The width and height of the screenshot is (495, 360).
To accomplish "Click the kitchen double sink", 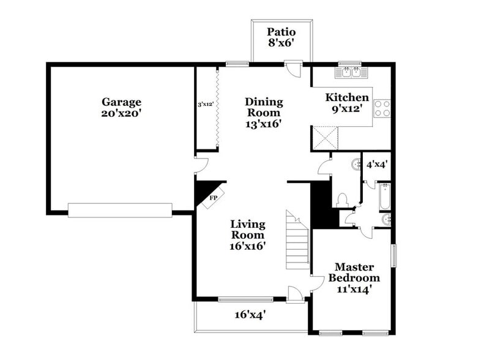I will click(x=350, y=73).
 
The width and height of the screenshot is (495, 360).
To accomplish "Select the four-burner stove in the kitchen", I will click(x=382, y=108).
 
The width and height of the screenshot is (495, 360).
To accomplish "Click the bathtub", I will click(x=384, y=197).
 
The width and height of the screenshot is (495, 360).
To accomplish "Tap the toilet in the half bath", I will click(x=342, y=199).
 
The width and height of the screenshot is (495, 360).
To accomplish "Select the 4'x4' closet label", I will click(x=376, y=164).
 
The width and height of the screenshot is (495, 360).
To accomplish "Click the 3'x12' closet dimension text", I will click(x=206, y=105).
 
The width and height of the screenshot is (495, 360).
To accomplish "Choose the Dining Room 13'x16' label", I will click(x=264, y=113).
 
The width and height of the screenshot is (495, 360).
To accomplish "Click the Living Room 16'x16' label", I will click(x=247, y=235).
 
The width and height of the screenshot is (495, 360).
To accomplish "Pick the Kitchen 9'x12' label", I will click(x=347, y=103).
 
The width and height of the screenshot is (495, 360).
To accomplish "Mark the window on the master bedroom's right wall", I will click(x=393, y=255).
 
